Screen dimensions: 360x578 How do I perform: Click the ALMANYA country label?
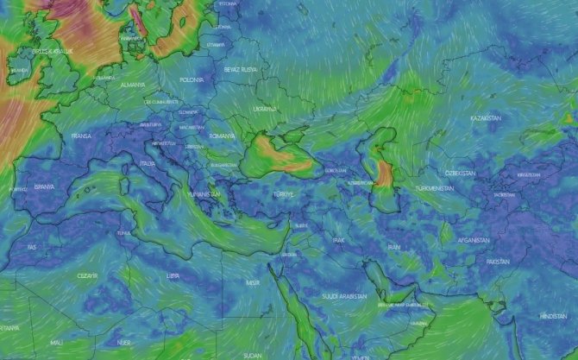point(132,85)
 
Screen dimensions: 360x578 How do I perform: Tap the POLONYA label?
point(192,79)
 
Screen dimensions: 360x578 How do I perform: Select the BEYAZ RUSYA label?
point(240,67)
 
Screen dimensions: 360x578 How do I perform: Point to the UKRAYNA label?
point(264,109)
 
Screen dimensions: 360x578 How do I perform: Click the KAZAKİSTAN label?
point(486,117)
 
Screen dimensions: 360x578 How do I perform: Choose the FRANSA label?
point(81,136)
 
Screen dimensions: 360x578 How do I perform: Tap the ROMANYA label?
point(221,136)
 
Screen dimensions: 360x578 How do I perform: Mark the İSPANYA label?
point(45,186)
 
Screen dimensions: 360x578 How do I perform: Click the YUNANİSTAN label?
point(204,194)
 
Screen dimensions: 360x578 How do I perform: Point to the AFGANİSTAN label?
point(474,240)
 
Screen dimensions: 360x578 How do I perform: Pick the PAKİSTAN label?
point(498,261)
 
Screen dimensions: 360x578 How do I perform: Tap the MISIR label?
point(253,282)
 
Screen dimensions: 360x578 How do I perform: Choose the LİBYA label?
point(173,275)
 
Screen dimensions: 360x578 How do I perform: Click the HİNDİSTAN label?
point(552,316)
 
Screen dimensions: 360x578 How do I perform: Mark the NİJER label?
point(124,343)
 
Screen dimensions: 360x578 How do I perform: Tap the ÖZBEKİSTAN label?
point(458,173)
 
